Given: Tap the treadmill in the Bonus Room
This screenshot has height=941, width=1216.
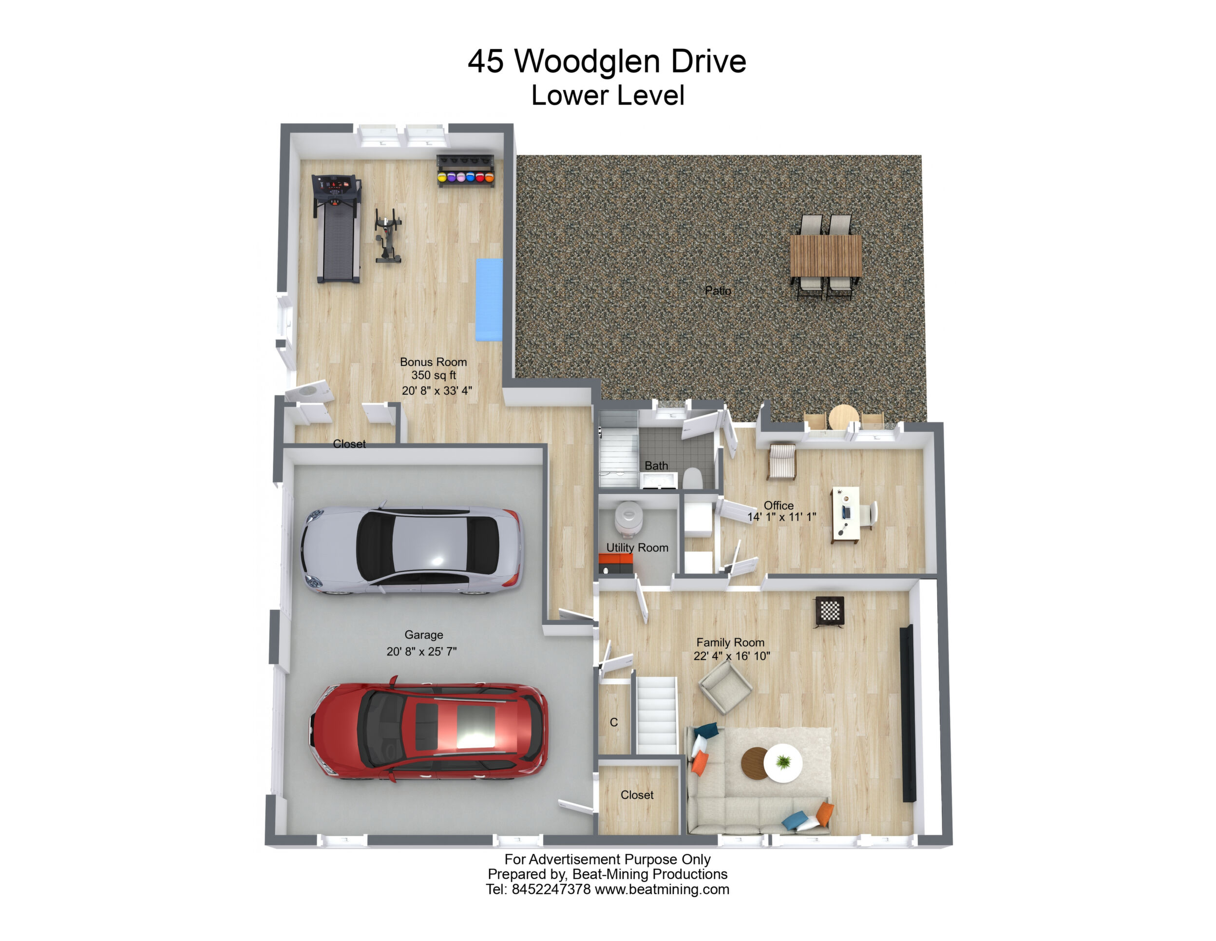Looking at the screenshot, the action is pyautogui.click(x=336, y=228).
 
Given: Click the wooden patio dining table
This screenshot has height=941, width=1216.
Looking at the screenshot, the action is pyautogui.click(x=826, y=256).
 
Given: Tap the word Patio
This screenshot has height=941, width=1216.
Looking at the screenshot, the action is pyautogui.click(x=718, y=291).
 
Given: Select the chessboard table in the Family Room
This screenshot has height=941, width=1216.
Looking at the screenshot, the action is pyautogui.click(x=830, y=611).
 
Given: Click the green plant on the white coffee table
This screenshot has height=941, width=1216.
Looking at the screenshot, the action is pyautogui.click(x=783, y=761).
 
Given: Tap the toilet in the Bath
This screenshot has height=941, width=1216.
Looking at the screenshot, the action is pyautogui.click(x=692, y=478).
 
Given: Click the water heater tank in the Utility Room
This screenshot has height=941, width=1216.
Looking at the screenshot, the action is pyautogui.click(x=628, y=518).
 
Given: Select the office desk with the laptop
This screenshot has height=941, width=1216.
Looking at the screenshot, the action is pyautogui.click(x=846, y=514).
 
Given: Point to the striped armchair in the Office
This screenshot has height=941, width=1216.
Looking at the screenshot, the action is pyautogui.click(x=782, y=461).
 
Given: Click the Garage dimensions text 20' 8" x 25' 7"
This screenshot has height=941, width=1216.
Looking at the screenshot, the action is pyautogui.click(x=421, y=651).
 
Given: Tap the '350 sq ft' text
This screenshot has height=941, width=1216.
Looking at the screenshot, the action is pyautogui.click(x=433, y=376).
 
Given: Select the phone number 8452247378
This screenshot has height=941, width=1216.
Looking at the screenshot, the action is pyautogui.click(x=551, y=889).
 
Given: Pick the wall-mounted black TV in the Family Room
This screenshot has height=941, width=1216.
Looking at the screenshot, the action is pyautogui.click(x=908, y=713).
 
